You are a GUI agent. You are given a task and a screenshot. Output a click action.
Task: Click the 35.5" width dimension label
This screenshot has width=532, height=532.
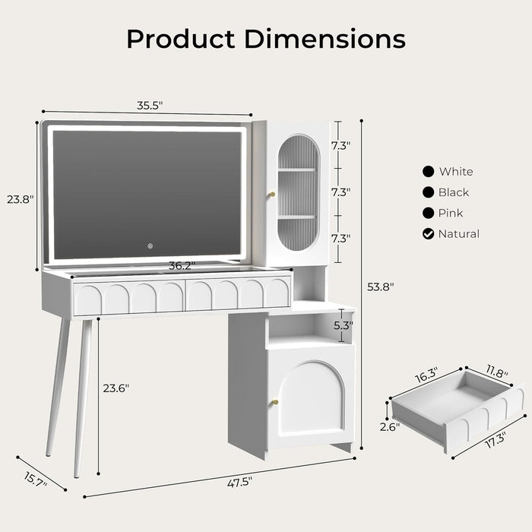(150, 106)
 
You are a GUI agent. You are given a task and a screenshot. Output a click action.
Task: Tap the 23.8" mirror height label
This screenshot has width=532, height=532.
(21, 200)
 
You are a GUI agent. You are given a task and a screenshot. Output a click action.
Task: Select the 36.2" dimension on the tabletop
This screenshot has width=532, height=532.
(182, 266)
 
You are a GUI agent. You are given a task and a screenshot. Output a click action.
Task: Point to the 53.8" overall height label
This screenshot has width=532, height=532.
(380, 287)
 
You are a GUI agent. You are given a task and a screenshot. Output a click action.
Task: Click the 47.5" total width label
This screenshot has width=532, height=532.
(239, 480)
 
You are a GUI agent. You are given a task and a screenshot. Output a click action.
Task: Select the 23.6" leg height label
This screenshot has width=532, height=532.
(116, 388)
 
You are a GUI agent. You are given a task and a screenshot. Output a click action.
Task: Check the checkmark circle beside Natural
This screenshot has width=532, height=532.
(429, 234)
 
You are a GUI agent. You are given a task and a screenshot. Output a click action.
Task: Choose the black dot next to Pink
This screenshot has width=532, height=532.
(429, 214)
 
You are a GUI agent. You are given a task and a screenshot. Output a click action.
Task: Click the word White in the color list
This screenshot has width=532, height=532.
(455, 172)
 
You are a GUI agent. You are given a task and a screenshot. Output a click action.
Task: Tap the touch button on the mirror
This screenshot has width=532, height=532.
(150, 245)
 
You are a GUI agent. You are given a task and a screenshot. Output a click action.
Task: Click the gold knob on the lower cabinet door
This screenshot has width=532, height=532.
(276, 403)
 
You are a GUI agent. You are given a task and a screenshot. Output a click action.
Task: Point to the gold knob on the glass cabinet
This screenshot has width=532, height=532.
(270, 195)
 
